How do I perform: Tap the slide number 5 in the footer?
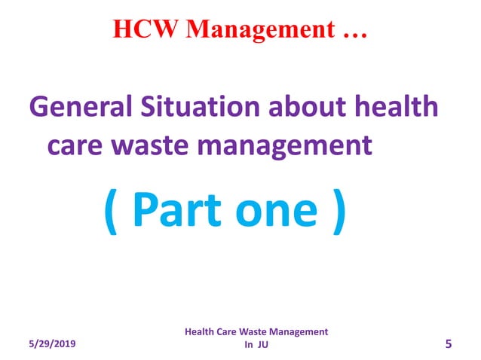tap(449, 344)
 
